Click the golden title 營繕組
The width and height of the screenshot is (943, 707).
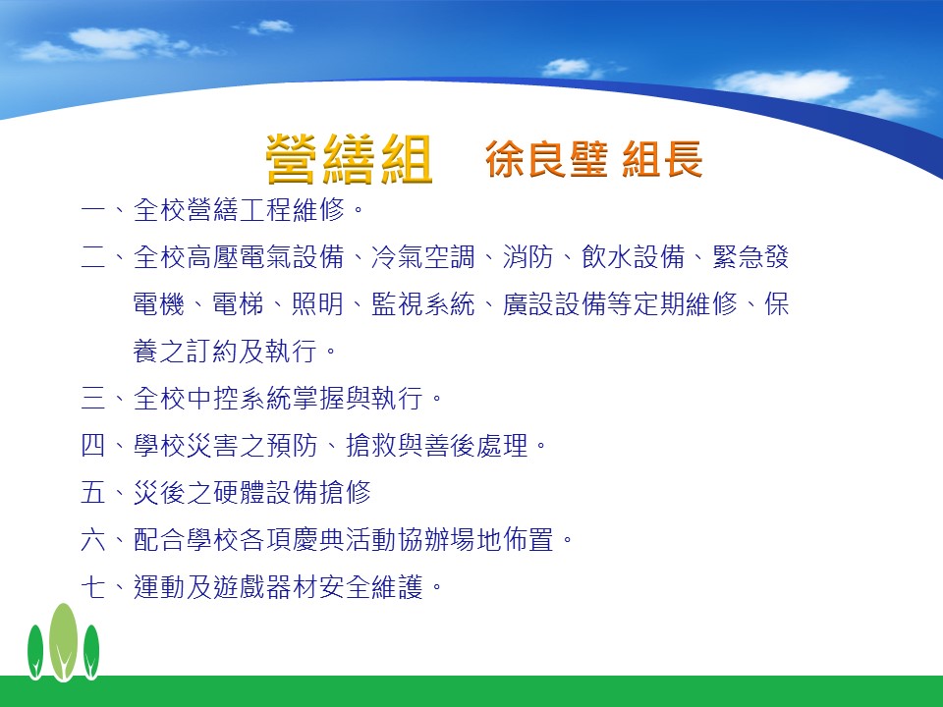[x=349, y=159]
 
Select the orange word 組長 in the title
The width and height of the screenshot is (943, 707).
[x=662, y=159]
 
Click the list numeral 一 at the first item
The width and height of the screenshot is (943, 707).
[x=92, y=210]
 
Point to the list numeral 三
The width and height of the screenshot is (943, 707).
[x=92, y=398]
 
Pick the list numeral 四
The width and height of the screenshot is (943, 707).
[x=92, y=446]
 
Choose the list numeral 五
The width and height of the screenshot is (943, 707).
[x=92, y=492]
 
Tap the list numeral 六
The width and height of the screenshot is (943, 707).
[x=92, y=539]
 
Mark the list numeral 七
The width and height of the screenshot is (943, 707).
[x=92, y=587]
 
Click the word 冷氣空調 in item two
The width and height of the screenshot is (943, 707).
[x=422, y=256]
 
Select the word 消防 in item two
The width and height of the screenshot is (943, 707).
[x=528, y=256]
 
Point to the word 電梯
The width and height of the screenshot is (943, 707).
[x=238, y=303]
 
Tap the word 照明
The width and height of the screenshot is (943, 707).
[x=317, y=303]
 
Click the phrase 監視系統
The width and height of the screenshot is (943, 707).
[x=422, y=303]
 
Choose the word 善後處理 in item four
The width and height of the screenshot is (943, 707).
[x=475, y=446]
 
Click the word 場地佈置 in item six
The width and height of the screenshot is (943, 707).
[x=502, y=539]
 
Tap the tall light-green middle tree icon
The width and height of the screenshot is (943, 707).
[x=63, y=642]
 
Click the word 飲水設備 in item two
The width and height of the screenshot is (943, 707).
[x=634, y=256]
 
